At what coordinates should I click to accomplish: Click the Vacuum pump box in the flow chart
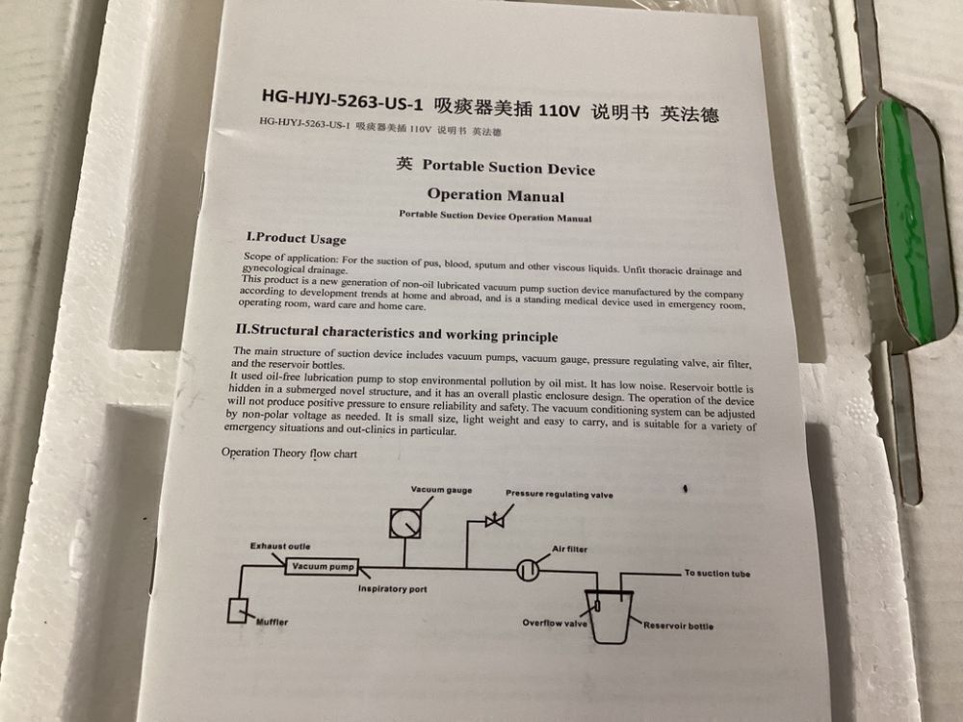[322, 566]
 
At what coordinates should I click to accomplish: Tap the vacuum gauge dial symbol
[405, 524]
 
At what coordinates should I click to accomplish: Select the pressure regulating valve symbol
[494, 521]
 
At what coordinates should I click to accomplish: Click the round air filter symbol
[528, 570]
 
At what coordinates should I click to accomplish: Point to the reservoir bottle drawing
[610, 616]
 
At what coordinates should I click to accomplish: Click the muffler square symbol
[237, 610]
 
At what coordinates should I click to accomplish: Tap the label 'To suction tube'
[717, 574]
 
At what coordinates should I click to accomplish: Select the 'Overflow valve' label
[555, 623]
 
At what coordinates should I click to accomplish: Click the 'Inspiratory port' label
[393, 589]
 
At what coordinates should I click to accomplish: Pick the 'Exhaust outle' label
[280, 546]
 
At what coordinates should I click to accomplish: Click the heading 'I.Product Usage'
[296, 238]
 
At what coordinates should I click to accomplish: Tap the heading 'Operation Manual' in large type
[496, 195]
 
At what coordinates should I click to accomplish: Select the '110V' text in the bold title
[559, 110]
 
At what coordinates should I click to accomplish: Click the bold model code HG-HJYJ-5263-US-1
[342, 100]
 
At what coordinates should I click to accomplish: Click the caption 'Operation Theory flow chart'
[289, 453]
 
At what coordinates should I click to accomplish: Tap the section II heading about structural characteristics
[397, 333]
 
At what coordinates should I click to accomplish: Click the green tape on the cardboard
[903, 215]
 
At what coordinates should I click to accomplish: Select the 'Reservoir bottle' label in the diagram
[679, 626]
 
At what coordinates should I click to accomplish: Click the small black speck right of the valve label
[685, 489]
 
